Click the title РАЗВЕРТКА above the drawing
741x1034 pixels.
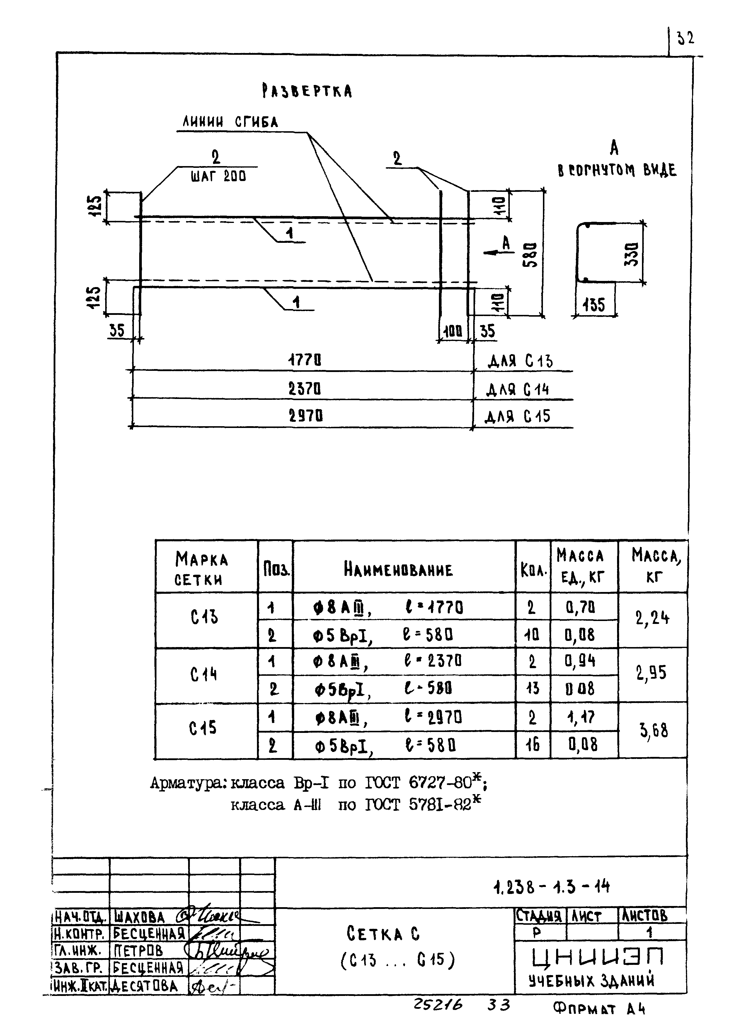[307, 91]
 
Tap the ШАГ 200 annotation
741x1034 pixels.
[218, 176]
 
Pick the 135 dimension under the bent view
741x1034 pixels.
[594, 305]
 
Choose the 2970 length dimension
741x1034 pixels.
[306, 415]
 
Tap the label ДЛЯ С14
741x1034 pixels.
[517, 390]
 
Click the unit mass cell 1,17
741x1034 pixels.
[581, 717]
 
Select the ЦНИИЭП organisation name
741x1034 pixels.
[598, 956]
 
